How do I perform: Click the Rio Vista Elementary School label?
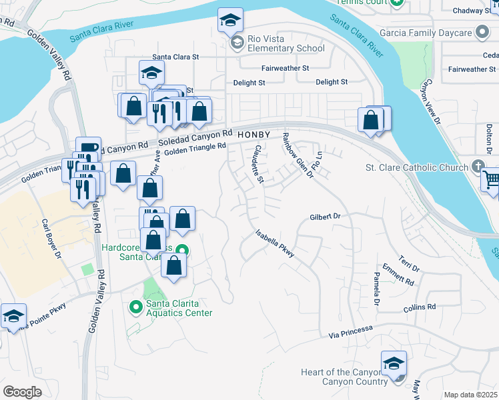286,43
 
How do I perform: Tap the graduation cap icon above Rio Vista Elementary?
230,21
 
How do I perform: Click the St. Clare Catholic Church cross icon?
478,166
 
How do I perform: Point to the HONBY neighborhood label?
254,135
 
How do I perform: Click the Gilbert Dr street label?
325,217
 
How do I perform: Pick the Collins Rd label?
420,307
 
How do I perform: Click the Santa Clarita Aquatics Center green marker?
136,307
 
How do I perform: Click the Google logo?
22,391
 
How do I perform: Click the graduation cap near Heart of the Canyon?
394,364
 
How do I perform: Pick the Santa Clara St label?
176,57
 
